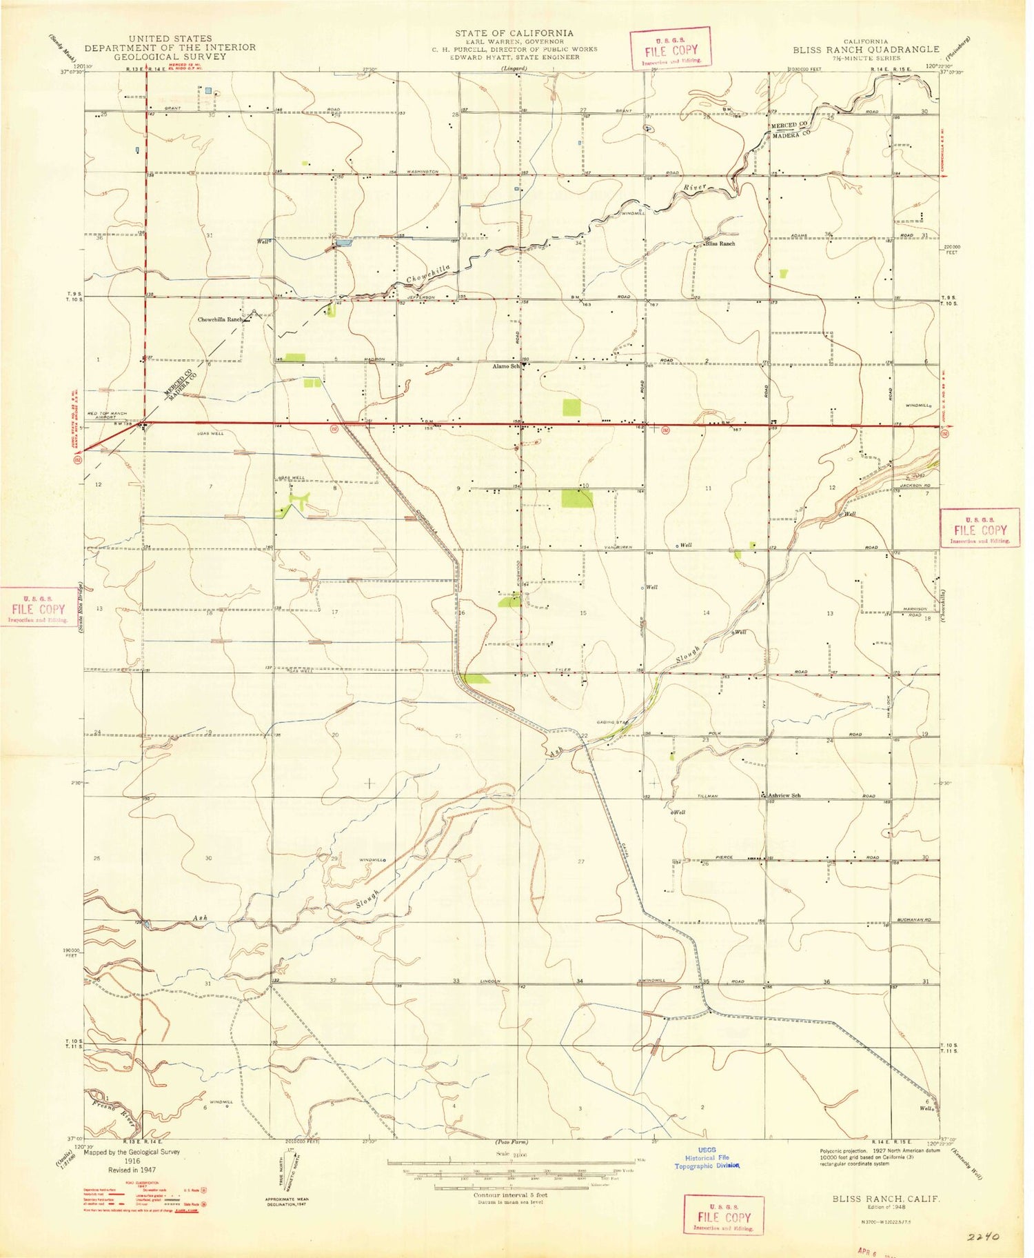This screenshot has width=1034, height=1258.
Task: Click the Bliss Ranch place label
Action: [720, 243]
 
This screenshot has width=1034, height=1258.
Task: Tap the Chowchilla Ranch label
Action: [221, 320]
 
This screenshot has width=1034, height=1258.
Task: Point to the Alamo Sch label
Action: [506, 366]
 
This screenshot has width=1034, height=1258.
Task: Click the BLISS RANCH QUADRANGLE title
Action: [865, 50]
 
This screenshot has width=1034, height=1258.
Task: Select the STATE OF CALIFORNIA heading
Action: [514, 33]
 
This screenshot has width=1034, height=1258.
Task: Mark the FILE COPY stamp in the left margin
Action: [37, 609]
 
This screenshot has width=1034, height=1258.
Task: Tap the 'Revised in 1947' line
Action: [132, 1170]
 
